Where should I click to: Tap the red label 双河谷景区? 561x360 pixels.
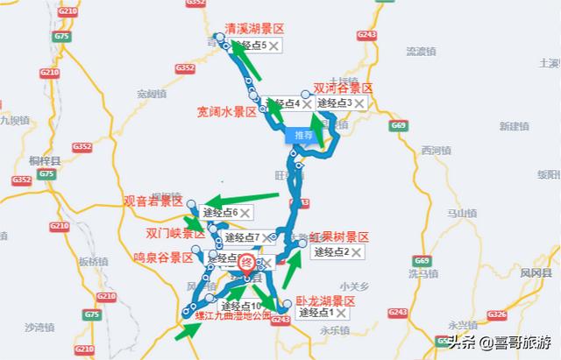point(343,88)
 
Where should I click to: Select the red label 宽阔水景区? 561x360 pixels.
point(226,112)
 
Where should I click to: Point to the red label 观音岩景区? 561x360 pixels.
point(153,201)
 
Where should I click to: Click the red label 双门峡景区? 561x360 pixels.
point(174,234)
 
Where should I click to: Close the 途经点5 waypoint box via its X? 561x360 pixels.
point(274,45)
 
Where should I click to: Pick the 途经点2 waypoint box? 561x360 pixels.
point(331,252)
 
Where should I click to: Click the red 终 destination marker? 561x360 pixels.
point(247,260)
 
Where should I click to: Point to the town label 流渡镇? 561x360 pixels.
point(421,52)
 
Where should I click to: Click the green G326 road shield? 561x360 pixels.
point(497,314)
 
